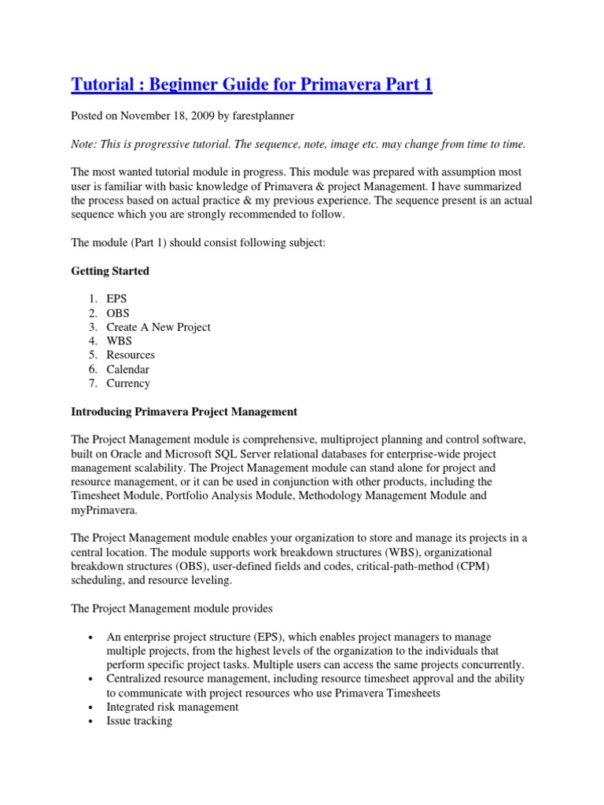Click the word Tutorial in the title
(x=101, y=84)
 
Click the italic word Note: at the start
(x=86, y=144)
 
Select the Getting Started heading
(x=110, y=271)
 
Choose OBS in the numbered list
(x=119, y=313)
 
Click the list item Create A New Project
(x=159, y=327)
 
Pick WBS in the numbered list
(x=120, y=341)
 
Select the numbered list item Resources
(x=131, y=355)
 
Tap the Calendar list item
(x=128, y=369)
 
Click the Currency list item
(x=128, y=384)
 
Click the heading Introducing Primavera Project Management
(x=184, y=411)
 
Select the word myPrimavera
(x=103, y=510)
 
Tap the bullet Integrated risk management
(x=172, y=707)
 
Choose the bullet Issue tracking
(x=139, y=721)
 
